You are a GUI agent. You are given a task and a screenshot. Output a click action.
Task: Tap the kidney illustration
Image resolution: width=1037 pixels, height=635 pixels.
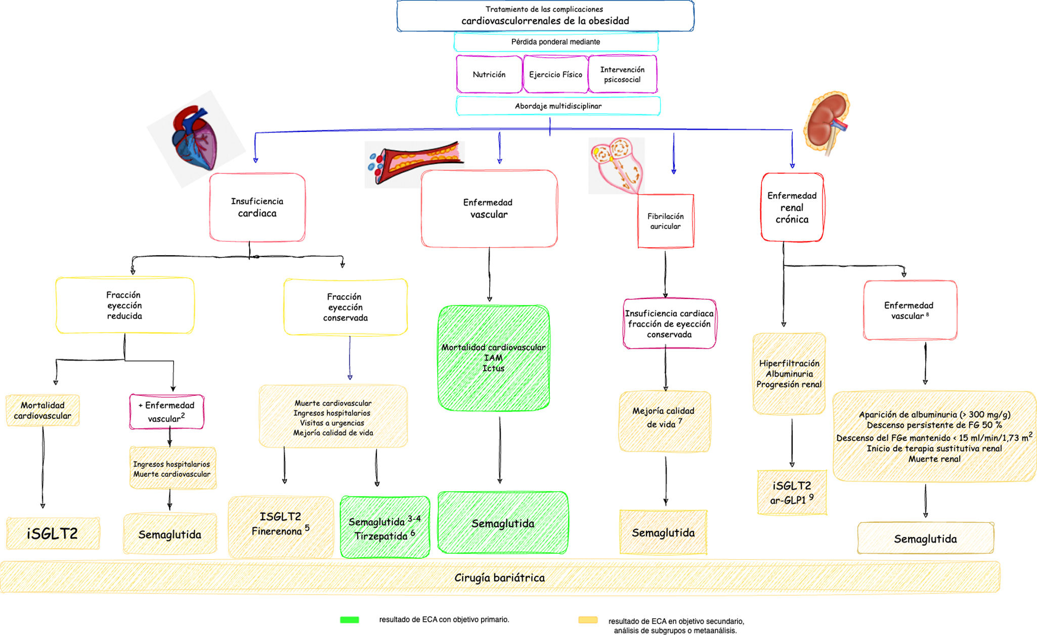[x=826, y=123]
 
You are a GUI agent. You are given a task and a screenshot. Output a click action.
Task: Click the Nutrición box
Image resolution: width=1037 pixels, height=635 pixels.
[x=489, y=74]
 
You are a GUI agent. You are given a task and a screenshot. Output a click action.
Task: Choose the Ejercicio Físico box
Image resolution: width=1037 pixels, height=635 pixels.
[x=555, y=74]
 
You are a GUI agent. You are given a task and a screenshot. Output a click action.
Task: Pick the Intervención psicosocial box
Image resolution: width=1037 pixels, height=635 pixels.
[x=622, y=74]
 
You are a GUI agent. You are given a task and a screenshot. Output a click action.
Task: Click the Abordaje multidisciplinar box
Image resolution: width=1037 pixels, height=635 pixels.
[x=558, y=106]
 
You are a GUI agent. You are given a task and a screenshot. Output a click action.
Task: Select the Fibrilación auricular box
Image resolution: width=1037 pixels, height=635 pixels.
[x=665, y=221]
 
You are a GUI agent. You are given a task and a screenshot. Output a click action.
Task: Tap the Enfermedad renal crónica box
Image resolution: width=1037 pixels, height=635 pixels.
[x=792, y=207]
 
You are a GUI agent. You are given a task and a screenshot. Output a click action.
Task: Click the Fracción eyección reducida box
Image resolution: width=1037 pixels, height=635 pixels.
[x=124, y=305]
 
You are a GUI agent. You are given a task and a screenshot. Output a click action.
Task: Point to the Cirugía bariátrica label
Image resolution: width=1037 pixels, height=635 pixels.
[x=499, y=577]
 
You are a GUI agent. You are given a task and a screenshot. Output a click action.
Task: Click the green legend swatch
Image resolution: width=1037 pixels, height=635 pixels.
[x=350, y=620]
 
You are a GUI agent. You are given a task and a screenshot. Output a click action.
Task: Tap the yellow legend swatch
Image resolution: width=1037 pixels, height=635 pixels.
[x=588, y=620]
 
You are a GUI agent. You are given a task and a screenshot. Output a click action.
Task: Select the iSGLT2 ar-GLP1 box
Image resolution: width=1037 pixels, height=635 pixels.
[x=792, y=492]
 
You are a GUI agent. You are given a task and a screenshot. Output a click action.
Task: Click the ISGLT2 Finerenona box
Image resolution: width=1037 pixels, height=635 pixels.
[x=280, y=524]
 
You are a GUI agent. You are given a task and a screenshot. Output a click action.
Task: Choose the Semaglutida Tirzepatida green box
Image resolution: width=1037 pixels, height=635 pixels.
[x=384, y=528]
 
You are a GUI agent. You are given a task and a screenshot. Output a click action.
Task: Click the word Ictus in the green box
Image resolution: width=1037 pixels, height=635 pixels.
[x=493, y=369]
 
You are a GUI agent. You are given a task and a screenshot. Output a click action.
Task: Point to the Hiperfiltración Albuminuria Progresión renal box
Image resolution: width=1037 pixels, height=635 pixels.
[x=789, y=374]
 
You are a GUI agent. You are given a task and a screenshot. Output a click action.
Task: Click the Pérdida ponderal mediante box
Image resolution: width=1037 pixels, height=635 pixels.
[x=555, y=42]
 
